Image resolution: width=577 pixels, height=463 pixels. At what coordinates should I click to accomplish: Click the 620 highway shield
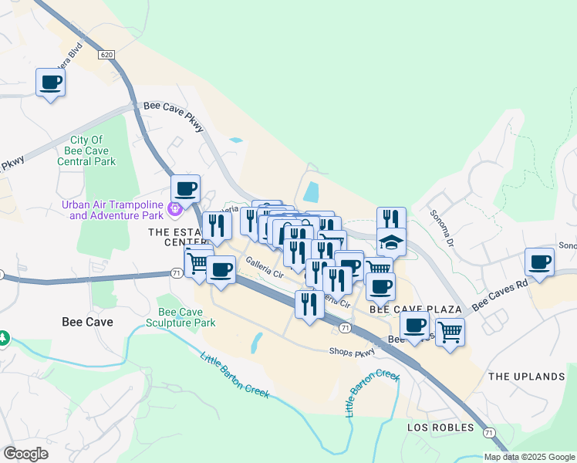tap(106, 55)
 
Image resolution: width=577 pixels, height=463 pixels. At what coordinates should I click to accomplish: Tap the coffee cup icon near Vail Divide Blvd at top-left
tap(51, 82)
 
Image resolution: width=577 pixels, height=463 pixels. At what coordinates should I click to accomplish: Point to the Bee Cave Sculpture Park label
tap(186, 316)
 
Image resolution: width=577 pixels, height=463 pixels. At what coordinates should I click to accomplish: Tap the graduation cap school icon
tap(391, 242)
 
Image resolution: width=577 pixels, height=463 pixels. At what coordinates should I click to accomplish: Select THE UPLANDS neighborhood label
tap(526, 377)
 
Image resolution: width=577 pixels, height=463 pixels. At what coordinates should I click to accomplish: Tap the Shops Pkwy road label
tap(352, 353)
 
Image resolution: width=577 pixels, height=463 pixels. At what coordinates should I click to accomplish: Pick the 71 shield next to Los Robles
tap(489, 433)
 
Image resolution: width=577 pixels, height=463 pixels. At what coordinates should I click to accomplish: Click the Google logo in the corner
tap(25, 454)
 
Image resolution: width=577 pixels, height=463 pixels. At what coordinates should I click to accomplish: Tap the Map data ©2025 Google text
tap(528, 457)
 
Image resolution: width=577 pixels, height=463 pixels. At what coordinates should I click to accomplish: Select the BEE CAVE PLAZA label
tap(415, 309)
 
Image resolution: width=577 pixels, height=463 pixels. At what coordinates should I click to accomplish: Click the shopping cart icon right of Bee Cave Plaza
tap(450, 331)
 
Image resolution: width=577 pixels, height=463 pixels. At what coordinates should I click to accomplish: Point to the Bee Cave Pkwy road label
tap(174, 115)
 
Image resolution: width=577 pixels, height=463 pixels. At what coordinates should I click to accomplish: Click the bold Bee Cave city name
tap(87, 322)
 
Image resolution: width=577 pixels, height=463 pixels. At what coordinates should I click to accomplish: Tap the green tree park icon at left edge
tap(3, 338)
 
